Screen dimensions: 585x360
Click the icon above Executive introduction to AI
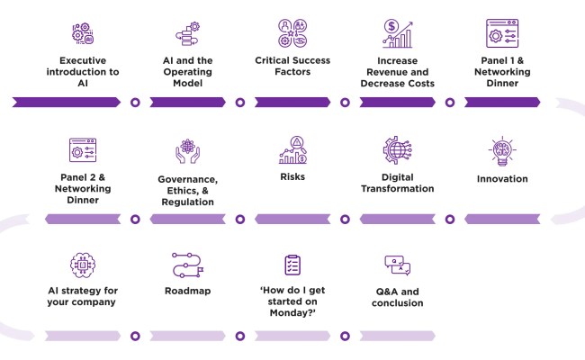pos(83,33)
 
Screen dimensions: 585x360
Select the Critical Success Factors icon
pos(292,33)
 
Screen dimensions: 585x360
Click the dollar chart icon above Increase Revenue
pos(397,33)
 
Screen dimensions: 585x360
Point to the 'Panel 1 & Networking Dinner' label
pos(501,72)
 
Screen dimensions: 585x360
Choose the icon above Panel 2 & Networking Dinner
pos(83,150)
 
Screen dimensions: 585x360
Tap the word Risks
pos(292,176)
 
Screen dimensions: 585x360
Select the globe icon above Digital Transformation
pos(397,150)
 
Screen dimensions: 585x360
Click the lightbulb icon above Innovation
pos(501,150)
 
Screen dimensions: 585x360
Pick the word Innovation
pos(501,179)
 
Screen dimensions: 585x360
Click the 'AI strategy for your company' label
pos(83,296)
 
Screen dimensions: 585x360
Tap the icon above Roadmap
pos(188,265)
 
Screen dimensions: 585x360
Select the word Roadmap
pos(188,291)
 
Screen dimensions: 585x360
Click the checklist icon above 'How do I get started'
pos(292,265)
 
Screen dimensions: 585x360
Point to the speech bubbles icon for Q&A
pos(397,265)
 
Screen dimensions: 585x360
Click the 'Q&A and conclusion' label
pos(397,297)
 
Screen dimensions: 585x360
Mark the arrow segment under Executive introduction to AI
pos(68,102)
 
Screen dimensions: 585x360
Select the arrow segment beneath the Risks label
pos(292,219)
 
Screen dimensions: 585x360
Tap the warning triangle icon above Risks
pos(296,143)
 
